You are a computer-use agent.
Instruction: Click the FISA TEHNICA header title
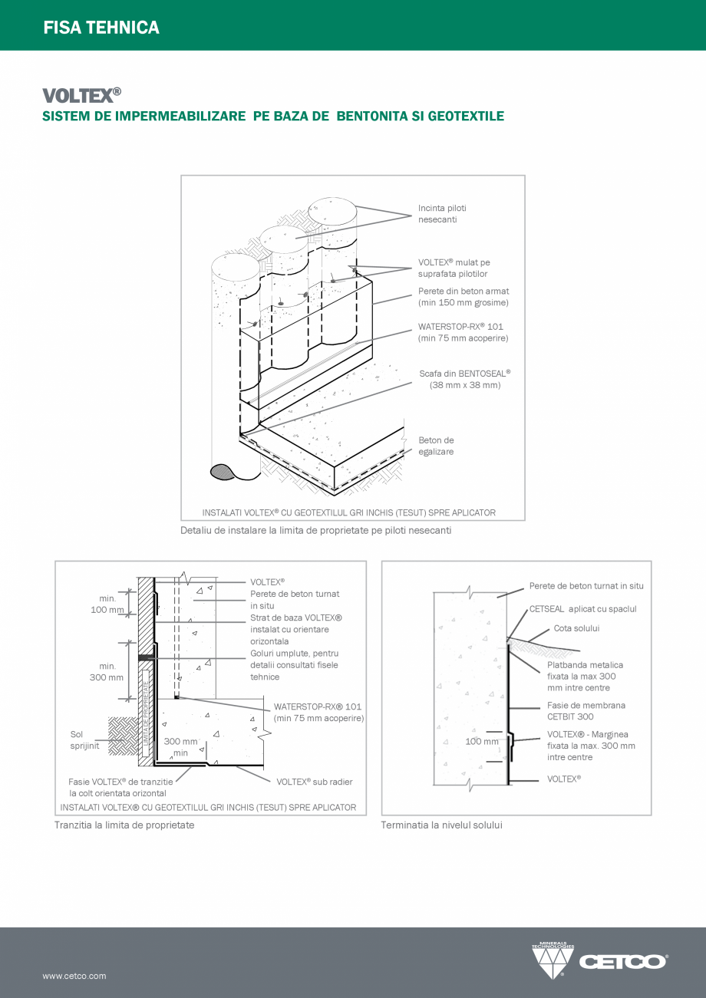101,28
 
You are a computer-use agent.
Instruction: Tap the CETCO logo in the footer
600,960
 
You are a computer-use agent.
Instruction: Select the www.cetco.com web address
74,976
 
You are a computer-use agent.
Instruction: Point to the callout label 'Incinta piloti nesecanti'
442,214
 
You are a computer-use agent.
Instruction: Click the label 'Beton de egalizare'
436,446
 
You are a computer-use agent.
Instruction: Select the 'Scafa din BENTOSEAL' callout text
464,379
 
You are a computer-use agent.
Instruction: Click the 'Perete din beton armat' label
463,297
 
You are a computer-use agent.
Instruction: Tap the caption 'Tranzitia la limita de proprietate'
124,825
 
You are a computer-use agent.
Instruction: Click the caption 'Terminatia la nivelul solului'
441,825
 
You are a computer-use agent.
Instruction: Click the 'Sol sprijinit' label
84,739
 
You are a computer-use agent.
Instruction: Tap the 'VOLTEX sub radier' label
314,782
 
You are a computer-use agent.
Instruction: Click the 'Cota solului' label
576,628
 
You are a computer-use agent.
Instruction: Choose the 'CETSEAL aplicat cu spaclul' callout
582,609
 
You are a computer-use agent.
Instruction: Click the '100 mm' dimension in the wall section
481,742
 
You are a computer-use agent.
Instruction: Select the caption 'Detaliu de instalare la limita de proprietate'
315,530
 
